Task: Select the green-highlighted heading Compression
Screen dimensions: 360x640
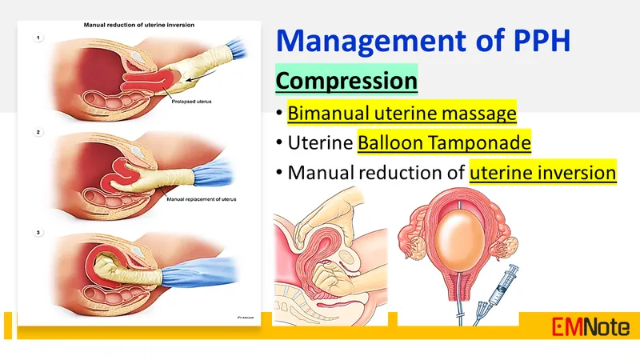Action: coord(346,81)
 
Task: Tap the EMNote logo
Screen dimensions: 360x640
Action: coord(590,326)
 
